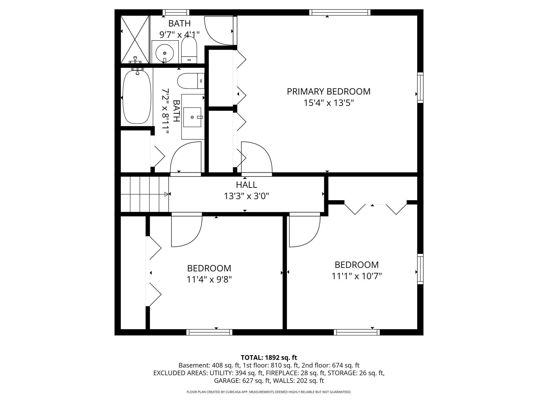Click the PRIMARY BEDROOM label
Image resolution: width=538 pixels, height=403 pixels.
coord(328,91)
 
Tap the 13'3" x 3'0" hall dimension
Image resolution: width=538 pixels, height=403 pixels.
coord(246,196)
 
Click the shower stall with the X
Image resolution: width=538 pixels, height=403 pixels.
coord(135,39)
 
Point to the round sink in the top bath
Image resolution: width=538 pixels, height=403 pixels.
coord(165,53)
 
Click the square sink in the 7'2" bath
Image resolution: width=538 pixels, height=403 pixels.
coord(192,117)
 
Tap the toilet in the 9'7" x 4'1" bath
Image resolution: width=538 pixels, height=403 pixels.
coord(189,50)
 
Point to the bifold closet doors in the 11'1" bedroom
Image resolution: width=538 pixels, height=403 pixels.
coord(375,209)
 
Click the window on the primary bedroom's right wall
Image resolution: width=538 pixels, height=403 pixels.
coord(420,88)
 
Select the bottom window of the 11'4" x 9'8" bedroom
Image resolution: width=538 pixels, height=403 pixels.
coord(209,332)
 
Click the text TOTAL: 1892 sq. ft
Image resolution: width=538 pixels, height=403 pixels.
coord(269,358)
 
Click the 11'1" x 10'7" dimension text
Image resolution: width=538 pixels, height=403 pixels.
coord(357,276)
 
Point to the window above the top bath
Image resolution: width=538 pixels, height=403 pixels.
coord(176,12)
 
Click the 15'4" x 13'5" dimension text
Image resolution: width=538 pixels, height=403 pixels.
coord(328,103)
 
